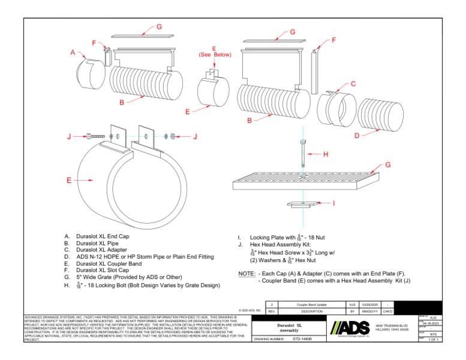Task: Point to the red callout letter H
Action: click(x=326, y=154)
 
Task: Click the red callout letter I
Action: click(x=334, y=203)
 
